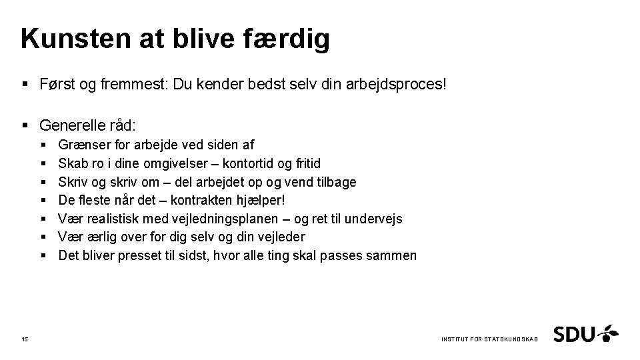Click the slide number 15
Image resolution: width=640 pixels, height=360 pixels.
tap(25, 339)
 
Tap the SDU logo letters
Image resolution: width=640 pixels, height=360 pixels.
tap(574, 333)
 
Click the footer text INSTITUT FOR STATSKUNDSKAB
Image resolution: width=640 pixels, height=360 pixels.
tap(489, 340)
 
